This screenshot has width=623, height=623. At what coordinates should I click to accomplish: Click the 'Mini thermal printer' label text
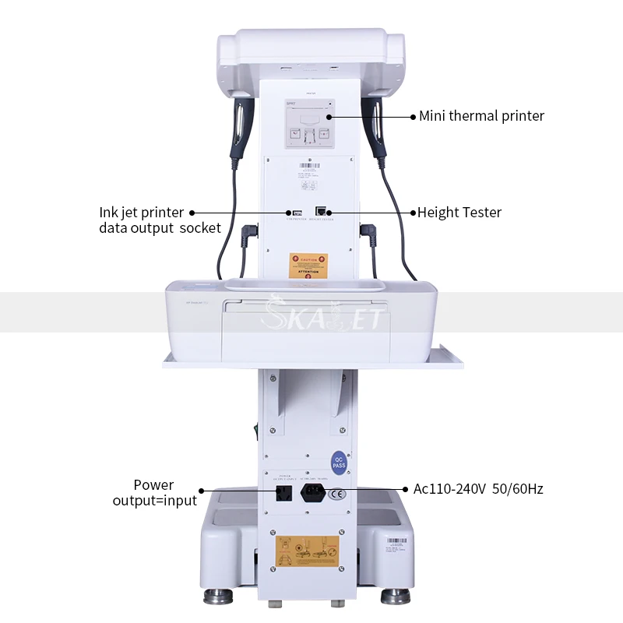pos(481,116)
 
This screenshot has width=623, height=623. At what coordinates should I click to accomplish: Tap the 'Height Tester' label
pos(459,212)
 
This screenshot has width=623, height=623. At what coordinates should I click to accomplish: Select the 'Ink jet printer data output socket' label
pos(160,220)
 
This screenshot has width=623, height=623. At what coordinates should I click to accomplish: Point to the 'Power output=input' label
pos(154,493)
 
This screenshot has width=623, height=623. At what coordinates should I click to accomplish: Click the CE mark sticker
pos(336,493)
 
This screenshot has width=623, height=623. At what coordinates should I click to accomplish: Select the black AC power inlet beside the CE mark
pos(313,494)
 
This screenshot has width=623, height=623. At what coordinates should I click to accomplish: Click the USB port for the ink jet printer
pos(295,212)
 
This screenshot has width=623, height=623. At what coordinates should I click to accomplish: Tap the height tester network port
pos(321,211)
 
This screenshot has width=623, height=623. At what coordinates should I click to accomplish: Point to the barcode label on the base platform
pos(395,542)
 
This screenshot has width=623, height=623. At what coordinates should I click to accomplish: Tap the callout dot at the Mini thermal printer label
pos(414,116)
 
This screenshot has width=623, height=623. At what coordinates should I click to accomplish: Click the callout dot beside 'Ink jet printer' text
pos(192,212)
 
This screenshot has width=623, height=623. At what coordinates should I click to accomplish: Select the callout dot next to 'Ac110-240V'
pos(406,489)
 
